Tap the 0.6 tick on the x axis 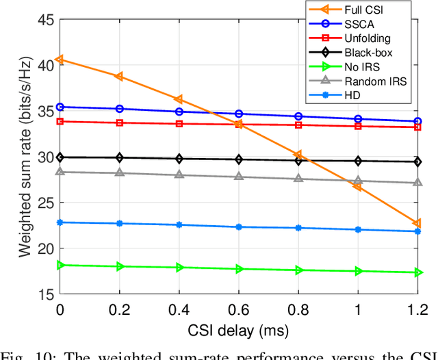[239, 309]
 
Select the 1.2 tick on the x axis [417, 309]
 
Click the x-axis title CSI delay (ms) [239, 331]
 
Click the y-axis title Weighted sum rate [25, 157]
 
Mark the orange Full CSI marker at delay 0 [60, 60]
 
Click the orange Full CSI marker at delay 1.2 [417, 224]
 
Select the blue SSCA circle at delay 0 [60, 107]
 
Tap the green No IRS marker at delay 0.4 [179, 268]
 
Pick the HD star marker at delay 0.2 [120, 224]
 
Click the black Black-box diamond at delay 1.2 [417, 162]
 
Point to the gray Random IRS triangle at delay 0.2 [120, 172]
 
